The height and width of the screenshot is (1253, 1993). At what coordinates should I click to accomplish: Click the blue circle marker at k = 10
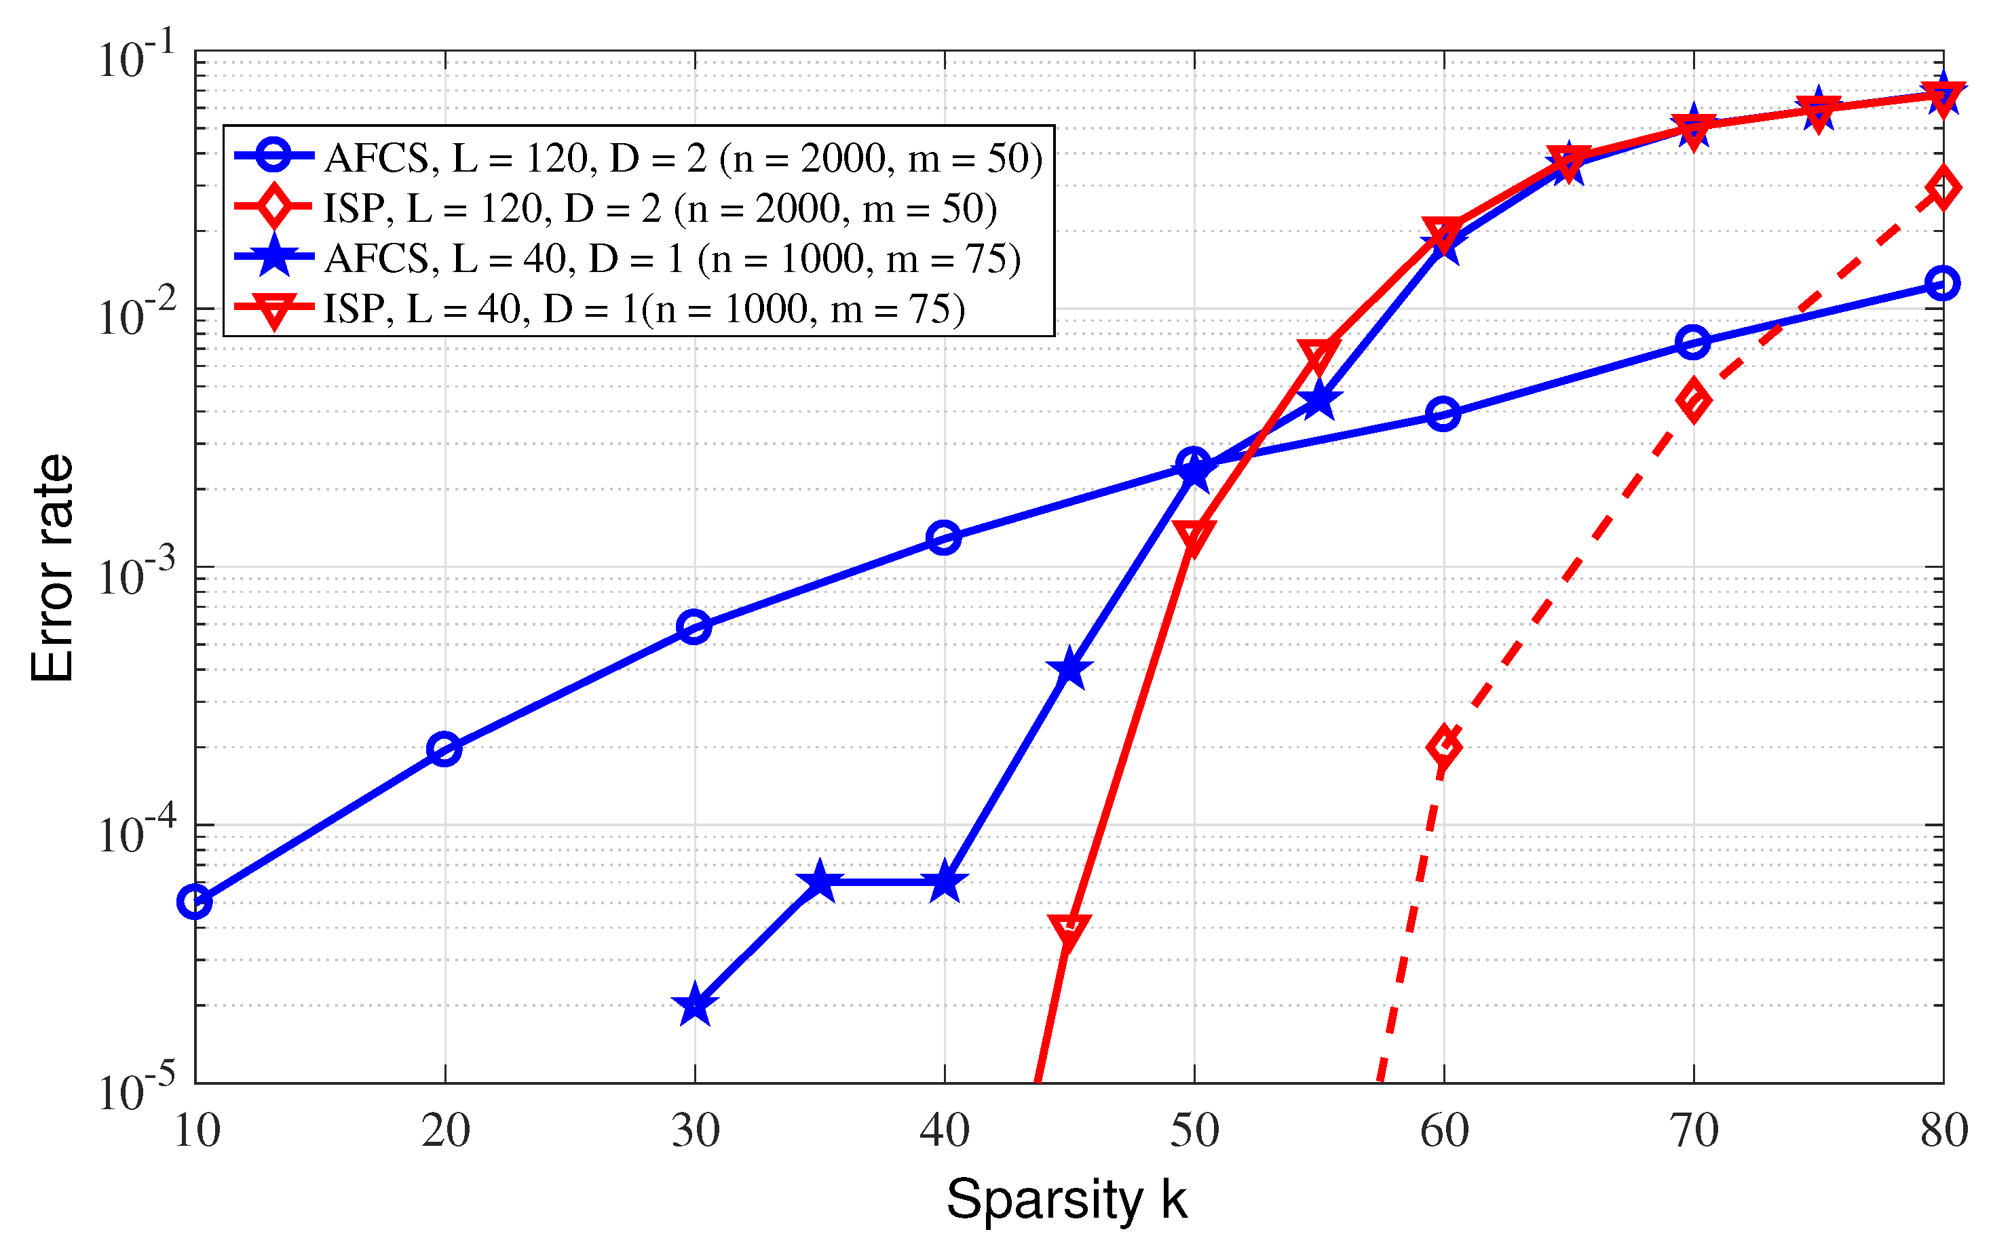click(195, 902)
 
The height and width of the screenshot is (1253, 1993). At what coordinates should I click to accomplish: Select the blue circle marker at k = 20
click(444, 750)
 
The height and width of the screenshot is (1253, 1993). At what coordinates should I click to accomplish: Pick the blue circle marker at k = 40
click(943, 538)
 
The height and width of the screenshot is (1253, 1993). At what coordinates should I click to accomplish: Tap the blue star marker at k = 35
click(819, 882)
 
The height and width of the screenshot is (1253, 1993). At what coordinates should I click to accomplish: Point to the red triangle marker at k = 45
click(1069, 930)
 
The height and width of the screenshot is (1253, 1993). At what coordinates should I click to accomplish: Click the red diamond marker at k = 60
click(1443, 746)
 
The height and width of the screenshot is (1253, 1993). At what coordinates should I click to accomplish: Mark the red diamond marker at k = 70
click(1693, 400)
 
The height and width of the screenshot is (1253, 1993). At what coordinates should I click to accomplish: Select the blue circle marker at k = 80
click(1943, 283)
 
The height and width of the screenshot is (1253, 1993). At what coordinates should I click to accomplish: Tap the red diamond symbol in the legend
click(273, 207)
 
